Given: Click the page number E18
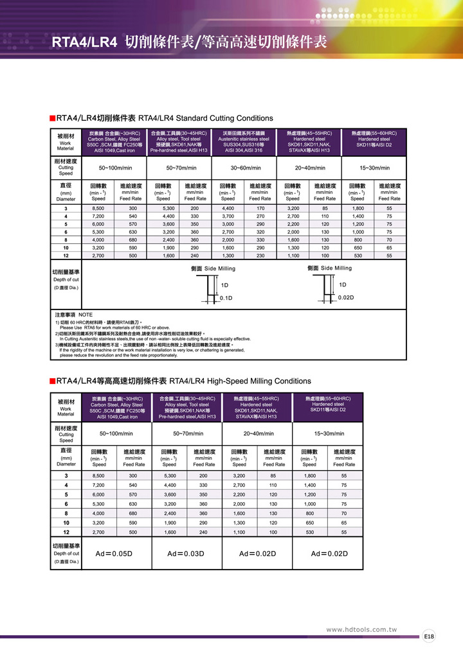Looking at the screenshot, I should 429,636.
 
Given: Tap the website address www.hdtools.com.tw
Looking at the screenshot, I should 362,629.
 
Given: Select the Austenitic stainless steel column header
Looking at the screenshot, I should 244,141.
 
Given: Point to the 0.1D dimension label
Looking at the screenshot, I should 226,299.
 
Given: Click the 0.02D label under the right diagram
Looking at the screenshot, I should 346,299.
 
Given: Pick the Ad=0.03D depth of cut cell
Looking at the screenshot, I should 186,554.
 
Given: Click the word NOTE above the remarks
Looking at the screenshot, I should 86,315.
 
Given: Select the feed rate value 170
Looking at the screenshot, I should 260,209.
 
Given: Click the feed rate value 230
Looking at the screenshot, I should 260,256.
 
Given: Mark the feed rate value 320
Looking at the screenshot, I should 260,232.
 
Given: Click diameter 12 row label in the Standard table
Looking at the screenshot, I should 66,256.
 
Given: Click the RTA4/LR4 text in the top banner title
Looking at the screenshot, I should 84,43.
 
